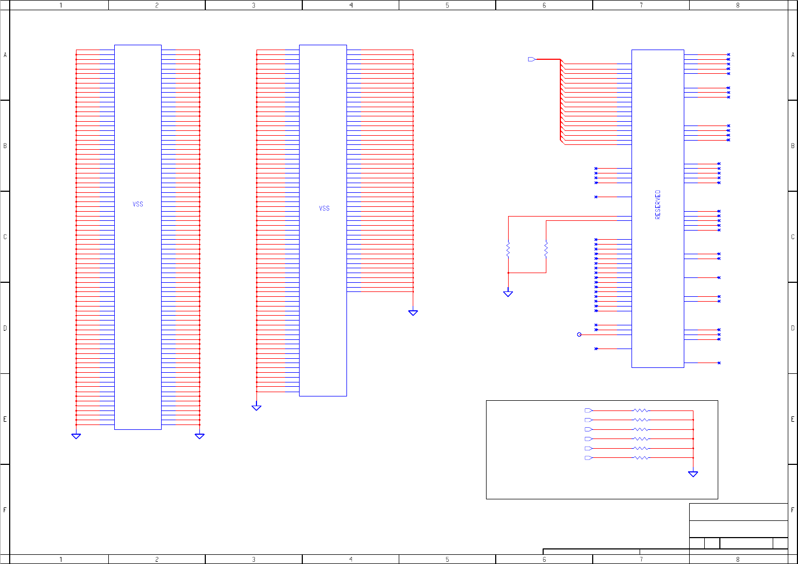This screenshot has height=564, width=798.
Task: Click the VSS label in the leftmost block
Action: (x=138, y=204)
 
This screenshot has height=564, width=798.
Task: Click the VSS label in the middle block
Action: (x=324, y=208)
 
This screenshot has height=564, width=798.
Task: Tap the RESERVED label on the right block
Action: (x=657, y=204)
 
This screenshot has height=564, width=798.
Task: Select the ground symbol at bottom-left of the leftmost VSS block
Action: (x=76, y=436)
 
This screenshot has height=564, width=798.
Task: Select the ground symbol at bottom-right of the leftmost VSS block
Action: (x=199, y=436)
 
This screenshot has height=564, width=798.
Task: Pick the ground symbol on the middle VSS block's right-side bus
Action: (x=413, y=312)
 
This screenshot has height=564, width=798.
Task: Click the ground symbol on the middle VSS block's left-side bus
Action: (x=256, y=408)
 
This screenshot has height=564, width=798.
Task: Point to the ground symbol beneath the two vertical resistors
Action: (x=508, y=294)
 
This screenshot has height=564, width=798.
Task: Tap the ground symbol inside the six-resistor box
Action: (x=693, y=474)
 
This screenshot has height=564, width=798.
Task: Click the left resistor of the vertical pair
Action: (x=508, y=249)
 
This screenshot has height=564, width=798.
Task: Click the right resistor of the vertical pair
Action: (x=546, y=249)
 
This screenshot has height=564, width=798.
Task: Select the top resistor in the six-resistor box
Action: (x=641, y=410)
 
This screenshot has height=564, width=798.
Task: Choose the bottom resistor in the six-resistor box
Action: (x=641, y=458)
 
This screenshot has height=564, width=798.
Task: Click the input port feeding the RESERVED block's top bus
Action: (x=532, y=59)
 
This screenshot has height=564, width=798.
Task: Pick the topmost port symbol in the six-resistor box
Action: (x=588, y=410)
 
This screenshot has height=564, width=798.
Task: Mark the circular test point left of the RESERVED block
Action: (x=579, y=335)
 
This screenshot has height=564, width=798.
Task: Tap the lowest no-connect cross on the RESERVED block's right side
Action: (x=719, y=363)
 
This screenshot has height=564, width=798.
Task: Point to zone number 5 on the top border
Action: (x=447, y=5)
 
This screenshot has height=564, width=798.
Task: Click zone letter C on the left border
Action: (x=5, y=237)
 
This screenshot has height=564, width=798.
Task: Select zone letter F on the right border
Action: (x=793, y=510)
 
